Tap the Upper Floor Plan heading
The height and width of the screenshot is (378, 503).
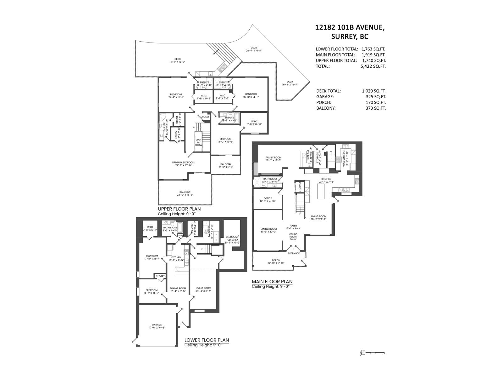tap(179, 209)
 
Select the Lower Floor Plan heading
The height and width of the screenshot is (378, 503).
tap(207, 340)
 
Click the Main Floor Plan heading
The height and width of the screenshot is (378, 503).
tap(272, 282)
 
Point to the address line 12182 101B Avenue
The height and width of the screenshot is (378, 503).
tap(350, 27)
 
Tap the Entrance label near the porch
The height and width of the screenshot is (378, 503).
tap(293, 253)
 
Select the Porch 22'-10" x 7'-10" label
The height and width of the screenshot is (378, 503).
tap(276, 262)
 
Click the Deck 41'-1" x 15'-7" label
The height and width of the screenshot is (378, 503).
tap(178, 60)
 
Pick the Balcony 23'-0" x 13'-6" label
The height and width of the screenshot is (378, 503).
tap(185, 193)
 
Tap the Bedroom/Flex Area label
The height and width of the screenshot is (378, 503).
tap(232, 238)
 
